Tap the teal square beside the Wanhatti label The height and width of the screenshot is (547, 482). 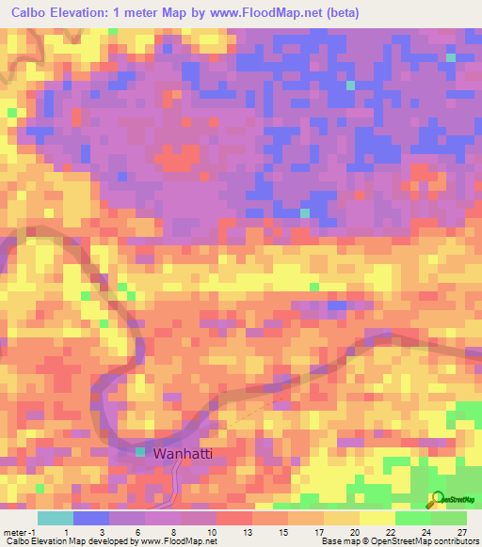coord(140,453)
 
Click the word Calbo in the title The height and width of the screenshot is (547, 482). coord(34,12)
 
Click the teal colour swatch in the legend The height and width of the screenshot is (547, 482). coord(56,517)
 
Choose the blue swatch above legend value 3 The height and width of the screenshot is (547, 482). coord(91,517)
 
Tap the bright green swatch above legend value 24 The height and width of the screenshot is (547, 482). coord(412,517)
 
